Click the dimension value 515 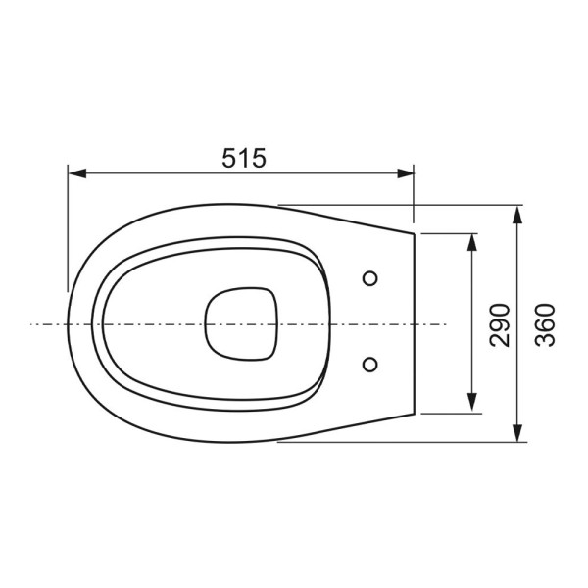tap(241, 158)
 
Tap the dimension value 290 tap(500, 323)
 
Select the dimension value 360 tap(545, 323)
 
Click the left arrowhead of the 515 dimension tap(76, 173)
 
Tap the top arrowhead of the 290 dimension tap(472, 241)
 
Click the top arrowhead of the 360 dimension tap(517, 214)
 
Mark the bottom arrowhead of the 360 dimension tap(517, 433)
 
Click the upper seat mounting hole tap(369, 278)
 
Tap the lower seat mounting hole tap(369, 365)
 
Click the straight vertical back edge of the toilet tap(416, 323)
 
